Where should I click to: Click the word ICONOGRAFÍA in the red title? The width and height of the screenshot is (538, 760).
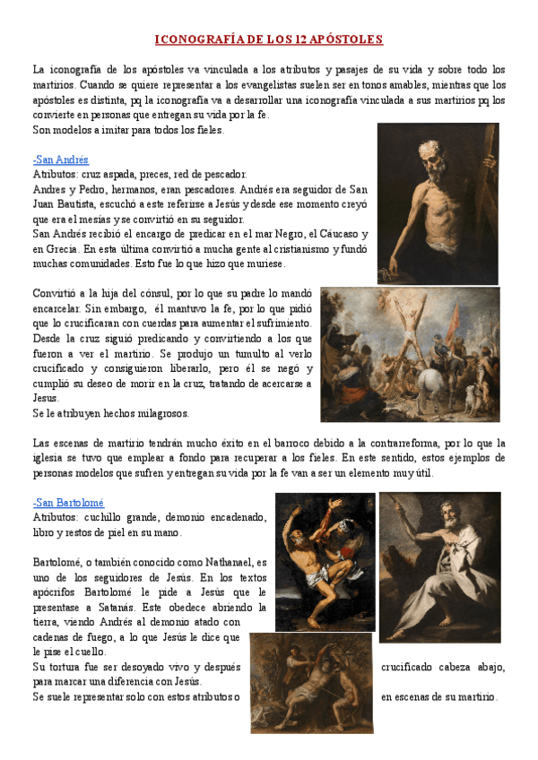pos(195,39)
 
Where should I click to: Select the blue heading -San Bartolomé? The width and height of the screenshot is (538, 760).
pos(68,503)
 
